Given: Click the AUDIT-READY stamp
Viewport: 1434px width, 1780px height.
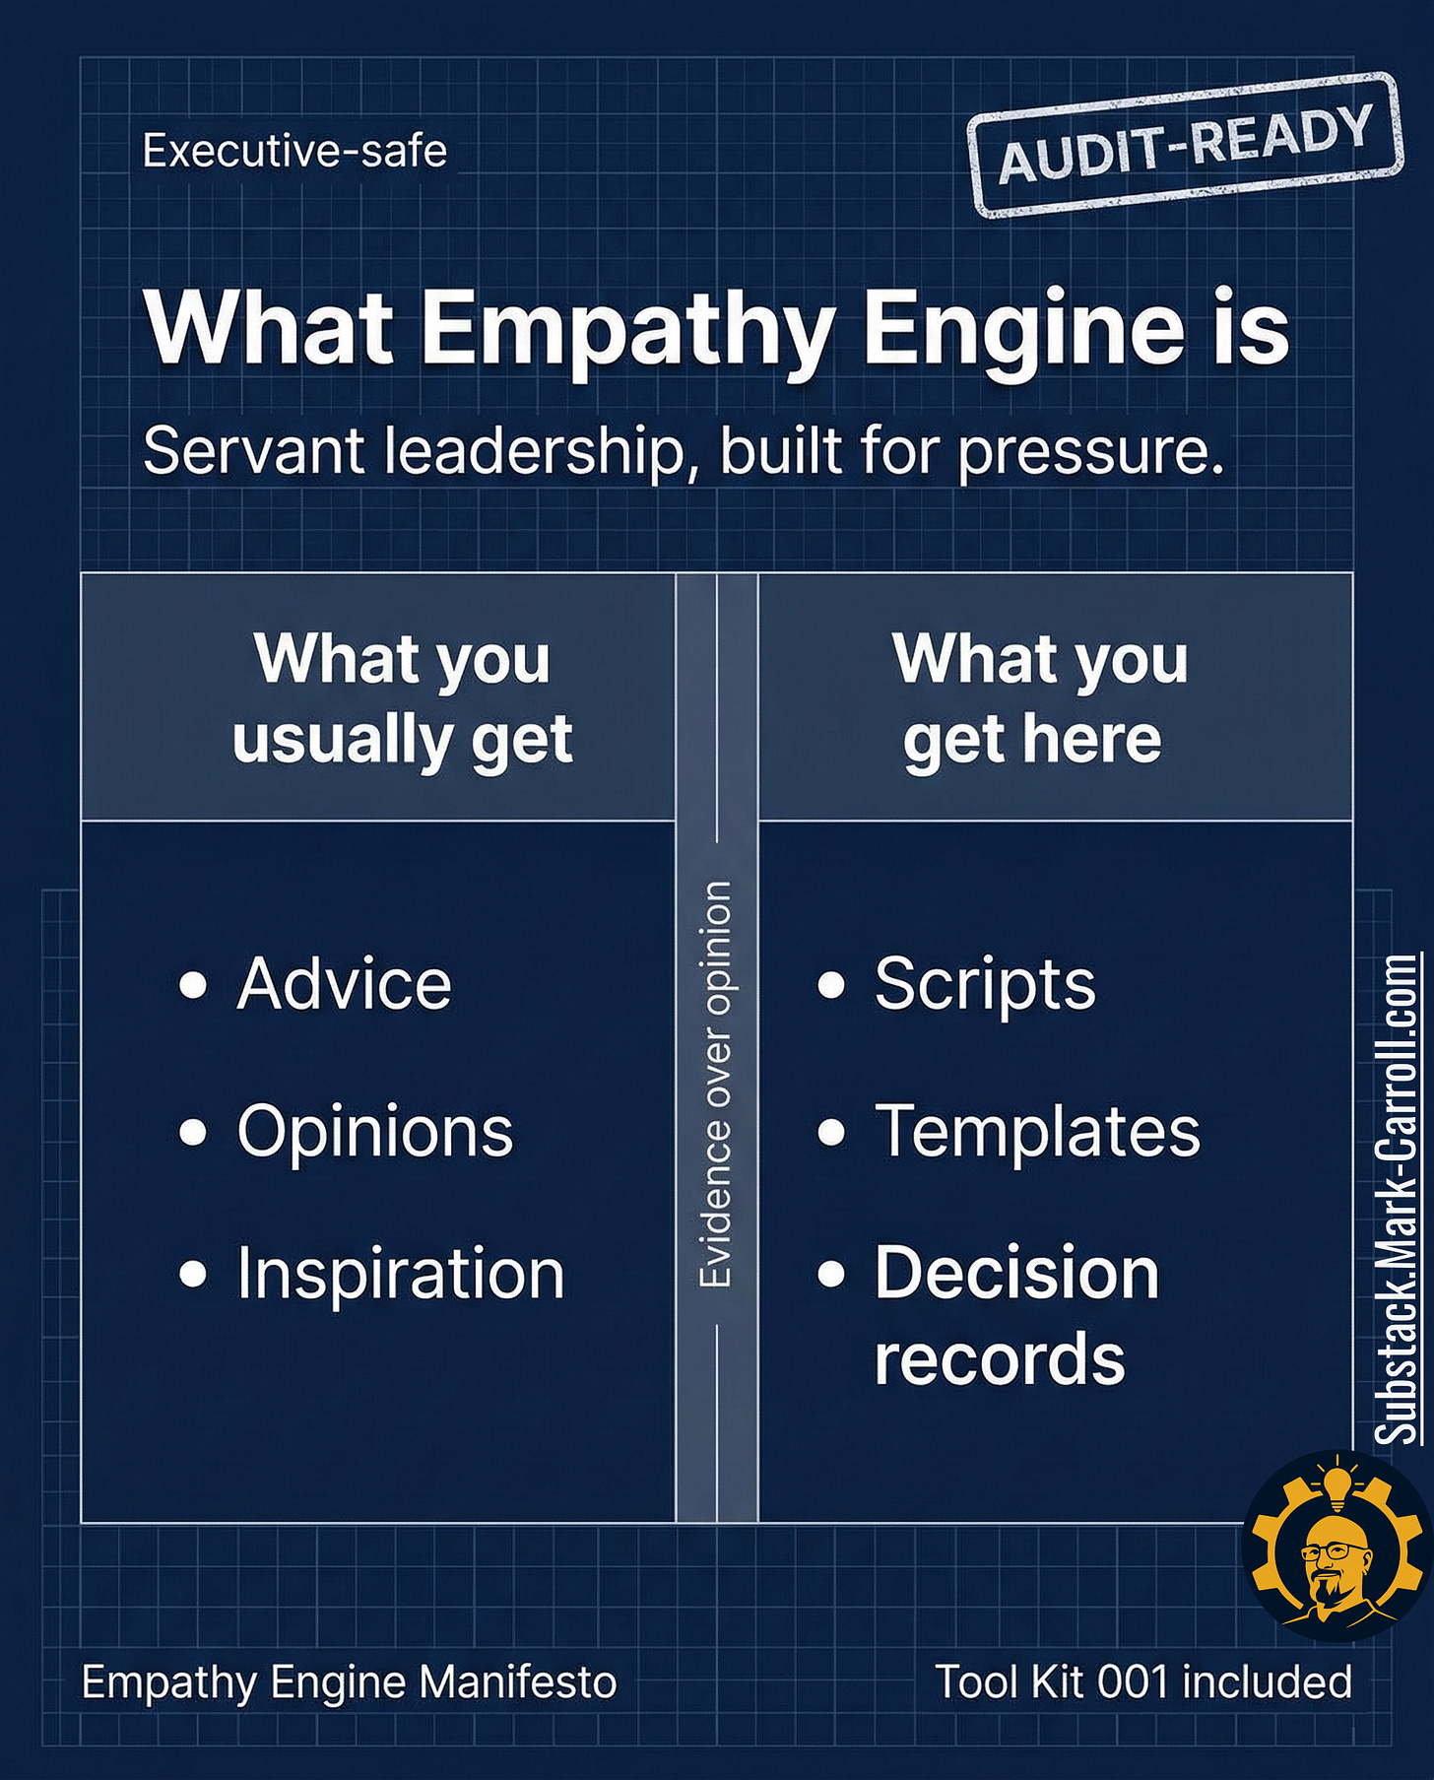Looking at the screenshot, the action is [1185, 146].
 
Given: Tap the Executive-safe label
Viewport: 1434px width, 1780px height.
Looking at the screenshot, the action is [294, 151].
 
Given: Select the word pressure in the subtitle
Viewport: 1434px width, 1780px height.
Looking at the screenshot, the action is [1091, 452].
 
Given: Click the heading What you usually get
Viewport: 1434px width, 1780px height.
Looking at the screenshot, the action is [402, 698].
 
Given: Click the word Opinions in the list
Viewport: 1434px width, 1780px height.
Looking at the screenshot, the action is [374, 1130].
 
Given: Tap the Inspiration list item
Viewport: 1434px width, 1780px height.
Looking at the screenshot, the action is [400, 1273].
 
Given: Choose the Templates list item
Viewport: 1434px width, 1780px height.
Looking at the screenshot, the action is [1037, 1130].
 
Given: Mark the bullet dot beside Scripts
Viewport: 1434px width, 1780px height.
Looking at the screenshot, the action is [831, 984].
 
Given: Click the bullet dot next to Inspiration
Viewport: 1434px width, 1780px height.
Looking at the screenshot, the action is [194, 1274].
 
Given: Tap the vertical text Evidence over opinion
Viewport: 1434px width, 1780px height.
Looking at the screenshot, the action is [716, 1084].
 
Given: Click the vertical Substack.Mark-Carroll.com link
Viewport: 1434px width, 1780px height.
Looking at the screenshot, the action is [1399, 1199].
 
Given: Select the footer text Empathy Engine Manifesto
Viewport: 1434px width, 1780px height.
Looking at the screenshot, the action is [349, 1681].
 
